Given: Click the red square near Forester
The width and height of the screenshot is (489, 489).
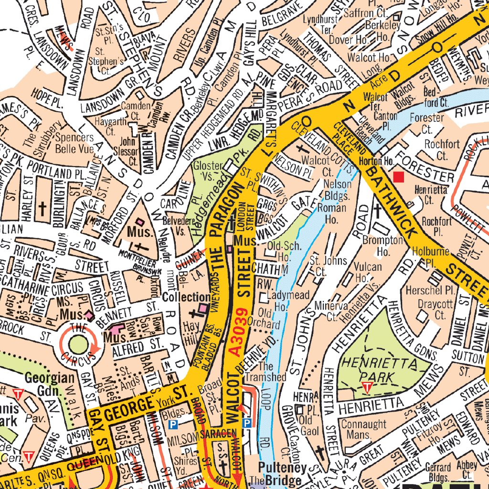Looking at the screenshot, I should [398, 177].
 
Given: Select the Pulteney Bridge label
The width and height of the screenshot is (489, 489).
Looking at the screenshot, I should [279, 473].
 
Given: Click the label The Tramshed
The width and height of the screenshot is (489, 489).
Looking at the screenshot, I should [272, 372].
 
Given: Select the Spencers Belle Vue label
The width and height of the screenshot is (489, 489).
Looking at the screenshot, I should [74, 143].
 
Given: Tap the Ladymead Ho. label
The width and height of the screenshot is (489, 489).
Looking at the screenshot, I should [282, 300].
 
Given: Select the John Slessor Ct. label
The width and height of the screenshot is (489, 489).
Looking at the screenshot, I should [128, 150].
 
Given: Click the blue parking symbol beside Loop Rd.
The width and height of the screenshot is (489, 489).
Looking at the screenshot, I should [247, 423].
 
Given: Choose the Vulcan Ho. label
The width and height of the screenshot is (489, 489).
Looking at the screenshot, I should [368, 272].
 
